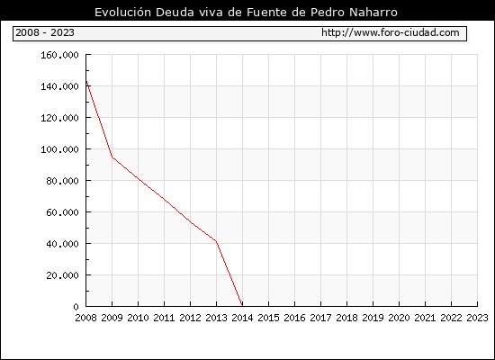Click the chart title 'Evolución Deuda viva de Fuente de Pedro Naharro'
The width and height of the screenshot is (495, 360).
tap(246, 13)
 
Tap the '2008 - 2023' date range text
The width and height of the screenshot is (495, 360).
tap(45, 32)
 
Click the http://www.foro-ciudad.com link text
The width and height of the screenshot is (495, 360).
tap(391, 32)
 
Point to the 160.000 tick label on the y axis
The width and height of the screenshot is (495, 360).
tap(59, 55)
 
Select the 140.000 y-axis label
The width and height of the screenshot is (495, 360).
tap(59, 86)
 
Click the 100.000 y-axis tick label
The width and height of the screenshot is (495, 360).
tap(59, 149)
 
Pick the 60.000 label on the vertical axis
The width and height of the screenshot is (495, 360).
tap(62, 212)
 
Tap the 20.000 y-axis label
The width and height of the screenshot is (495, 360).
tap(62, 275)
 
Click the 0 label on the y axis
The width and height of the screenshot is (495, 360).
tap(76, 307)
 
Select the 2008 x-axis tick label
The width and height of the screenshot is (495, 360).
tap(85, 318)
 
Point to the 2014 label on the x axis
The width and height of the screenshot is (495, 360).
tap(242, 318)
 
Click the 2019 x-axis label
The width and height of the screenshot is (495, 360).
tap(373, 318)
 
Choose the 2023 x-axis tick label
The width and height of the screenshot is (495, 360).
tap(477, 318)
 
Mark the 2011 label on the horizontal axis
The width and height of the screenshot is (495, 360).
tap(164, 318)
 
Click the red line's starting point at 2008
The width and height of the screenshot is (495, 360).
tap(86, 82)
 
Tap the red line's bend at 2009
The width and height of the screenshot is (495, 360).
tap(112, 157)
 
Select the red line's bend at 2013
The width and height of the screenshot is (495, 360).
tap(216, 241)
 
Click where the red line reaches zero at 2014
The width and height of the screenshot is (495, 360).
tap(242, 306)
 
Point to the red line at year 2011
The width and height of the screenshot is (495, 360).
tap(164, 199)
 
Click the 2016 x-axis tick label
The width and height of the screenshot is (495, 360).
tap(294, 318)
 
